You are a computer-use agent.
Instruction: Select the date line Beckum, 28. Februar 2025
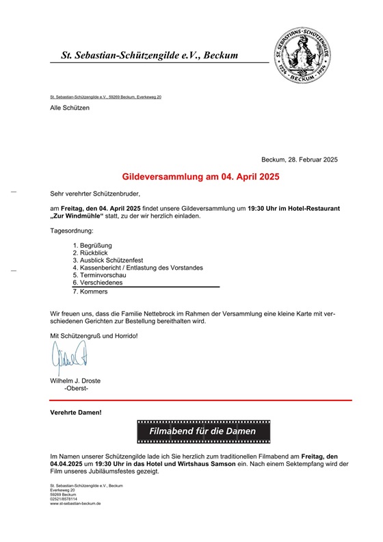click(300, 159)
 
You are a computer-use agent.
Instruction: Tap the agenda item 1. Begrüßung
click(92, 245)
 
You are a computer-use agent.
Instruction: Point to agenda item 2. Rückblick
click(90, 253)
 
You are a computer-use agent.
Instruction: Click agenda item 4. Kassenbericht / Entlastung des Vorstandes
click(137, 268)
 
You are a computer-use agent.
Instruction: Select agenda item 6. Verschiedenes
click(98, 283)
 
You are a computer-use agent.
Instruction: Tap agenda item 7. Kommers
click(90, 292)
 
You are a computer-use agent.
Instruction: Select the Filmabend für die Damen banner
click(203, 432)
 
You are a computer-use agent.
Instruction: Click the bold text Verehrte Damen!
click(76, 413)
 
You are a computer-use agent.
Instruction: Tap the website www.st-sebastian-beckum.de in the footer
click(75, 503)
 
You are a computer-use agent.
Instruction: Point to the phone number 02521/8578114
click(64, 499)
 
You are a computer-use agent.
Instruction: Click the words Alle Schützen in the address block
click(70, 108)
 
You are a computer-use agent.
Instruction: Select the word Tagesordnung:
click(72, 231)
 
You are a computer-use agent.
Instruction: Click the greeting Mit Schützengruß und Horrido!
click(94, 335)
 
